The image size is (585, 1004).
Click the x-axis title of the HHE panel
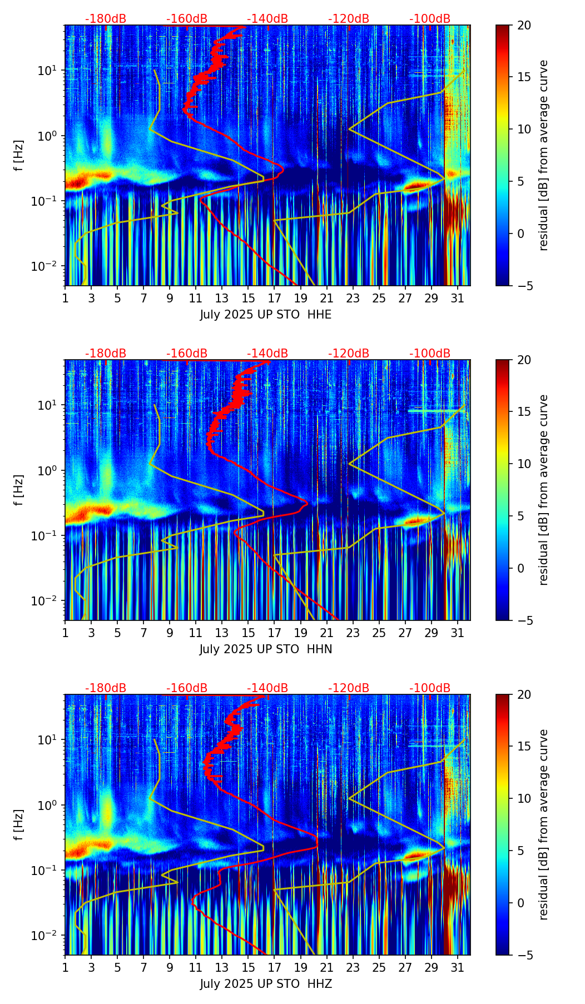266,315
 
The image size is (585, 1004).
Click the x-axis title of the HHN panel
266,649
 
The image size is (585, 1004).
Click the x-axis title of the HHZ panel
266,984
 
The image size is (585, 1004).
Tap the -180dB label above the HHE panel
106,19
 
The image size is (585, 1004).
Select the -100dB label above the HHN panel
430,354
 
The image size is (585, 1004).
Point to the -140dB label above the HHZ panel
267,688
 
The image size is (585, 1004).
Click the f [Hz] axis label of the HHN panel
20,490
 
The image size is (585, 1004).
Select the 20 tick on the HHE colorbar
524,25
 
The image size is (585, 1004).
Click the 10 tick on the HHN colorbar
524,464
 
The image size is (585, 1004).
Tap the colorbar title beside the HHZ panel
544,824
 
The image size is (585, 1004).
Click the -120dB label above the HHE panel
349,19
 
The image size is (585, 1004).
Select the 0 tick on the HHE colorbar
521,233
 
